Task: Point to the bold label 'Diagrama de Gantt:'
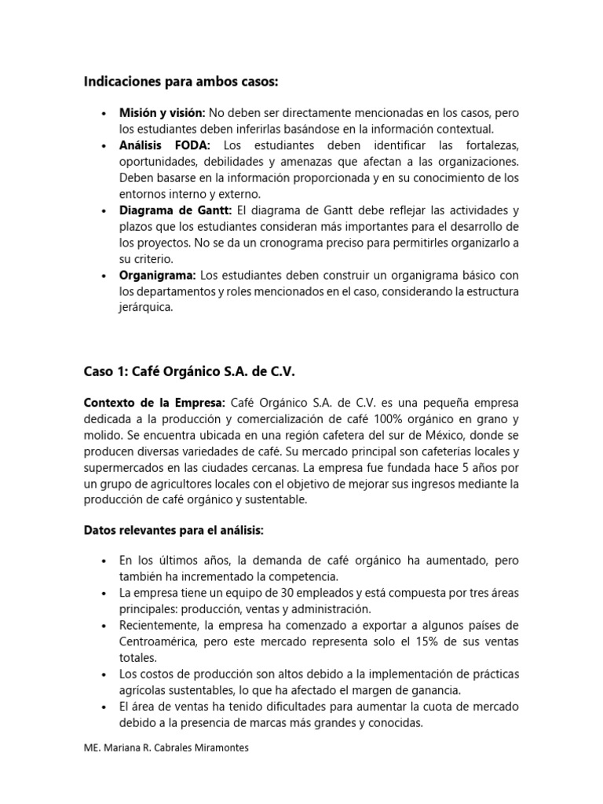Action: click(176, 210)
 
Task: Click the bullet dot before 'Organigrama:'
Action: click(104, 275)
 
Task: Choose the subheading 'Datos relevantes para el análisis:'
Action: click(174, 531)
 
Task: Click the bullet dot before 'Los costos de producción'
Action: click(104, 674)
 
